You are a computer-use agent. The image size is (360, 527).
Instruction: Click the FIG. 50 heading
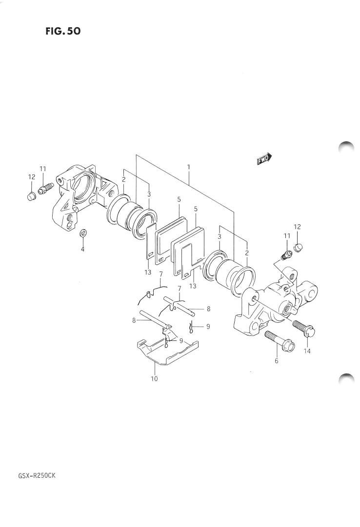click(x=63, y=31)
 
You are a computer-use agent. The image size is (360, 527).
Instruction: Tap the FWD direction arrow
click(x=264, y=158)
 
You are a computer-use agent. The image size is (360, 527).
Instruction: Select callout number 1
click(x=189, y=167)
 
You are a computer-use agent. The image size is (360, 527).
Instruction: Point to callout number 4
click(x=82, y=249)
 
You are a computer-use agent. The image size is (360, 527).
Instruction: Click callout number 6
click(x=277, y=361)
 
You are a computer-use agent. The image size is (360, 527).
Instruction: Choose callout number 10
click(x=154, y=378)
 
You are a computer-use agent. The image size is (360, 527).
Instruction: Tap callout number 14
click(x=307, y=351)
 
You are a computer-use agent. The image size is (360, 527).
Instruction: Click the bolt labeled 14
click(x=303, y=328)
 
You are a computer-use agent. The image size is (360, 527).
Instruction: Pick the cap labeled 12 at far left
click(x=31, y=196)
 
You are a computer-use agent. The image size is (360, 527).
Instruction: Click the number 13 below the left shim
click(x=148, y=272)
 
